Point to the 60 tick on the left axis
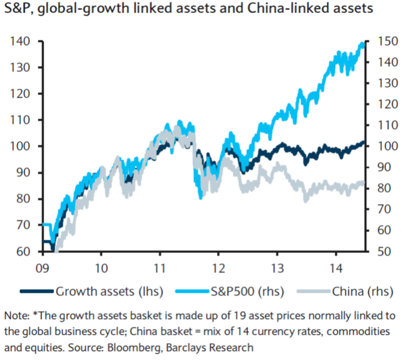click(22, 251)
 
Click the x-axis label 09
click(43, 266)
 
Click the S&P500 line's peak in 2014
click(361, 44)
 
